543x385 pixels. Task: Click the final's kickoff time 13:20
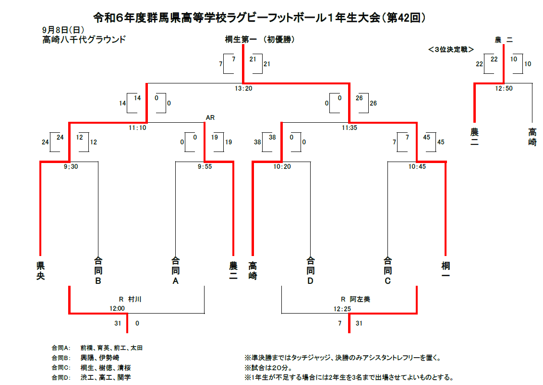point(243,88)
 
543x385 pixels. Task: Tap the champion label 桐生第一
point(240,40)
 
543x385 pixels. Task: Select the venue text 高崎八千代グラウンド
point(84,40)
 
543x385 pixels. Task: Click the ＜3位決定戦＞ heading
point(451,49)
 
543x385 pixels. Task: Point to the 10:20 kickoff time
point(282,167)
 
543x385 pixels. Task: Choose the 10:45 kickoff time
point(417,167)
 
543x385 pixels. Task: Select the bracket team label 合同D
point(311,271)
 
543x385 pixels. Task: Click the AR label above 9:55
point(210,117)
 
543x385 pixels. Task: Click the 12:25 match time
point(342,309)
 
